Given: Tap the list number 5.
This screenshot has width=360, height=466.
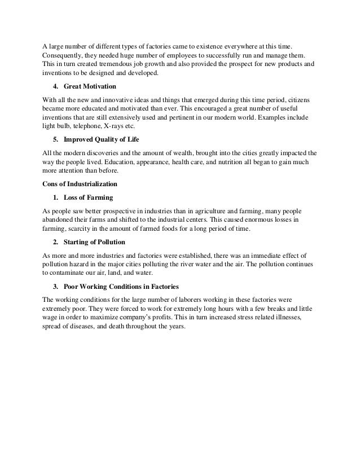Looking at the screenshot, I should point(55,139).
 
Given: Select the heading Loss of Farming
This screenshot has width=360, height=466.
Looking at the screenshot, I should point(88,197).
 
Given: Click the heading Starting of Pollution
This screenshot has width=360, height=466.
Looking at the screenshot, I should point(94,243).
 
